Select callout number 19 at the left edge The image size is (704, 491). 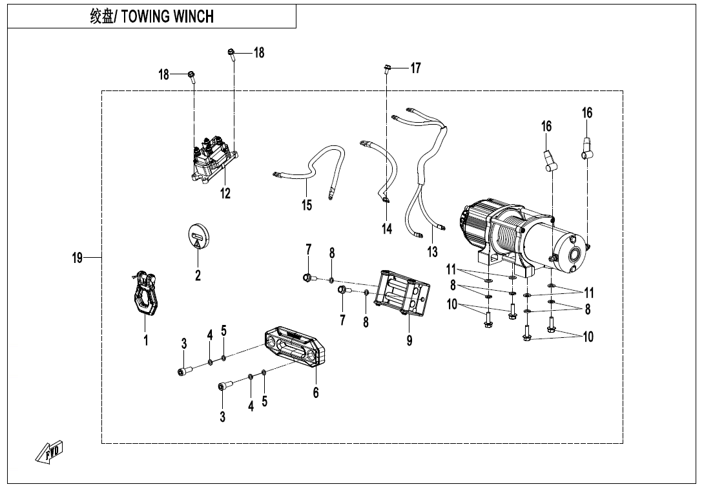78,258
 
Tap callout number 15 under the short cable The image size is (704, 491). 306,205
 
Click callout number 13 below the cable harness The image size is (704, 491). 432,251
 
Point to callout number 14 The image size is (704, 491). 386,229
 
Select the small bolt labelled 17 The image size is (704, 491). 386,68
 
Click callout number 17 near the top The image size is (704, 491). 415,68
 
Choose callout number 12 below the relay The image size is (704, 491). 225,193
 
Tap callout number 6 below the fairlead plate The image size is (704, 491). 316,392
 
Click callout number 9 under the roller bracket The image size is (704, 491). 409,341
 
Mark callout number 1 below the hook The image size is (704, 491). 146,340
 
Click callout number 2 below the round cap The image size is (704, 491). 198,276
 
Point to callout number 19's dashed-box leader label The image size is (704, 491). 78,258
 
